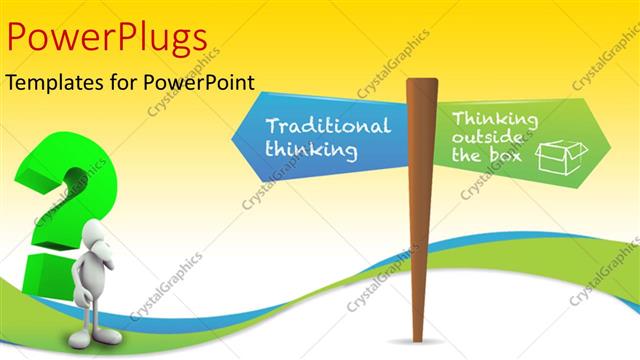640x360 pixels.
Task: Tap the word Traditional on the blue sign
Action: pyautogui.click(x=328, y=127)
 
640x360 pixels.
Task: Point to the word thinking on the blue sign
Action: pyautogui.click(x=311, y=150)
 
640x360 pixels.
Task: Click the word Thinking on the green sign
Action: pyautogui.click(x=494, y=120)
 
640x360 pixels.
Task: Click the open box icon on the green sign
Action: pyautogui.click(x=560, y=156)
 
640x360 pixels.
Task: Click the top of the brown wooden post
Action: pyautogui.click(x=422, y=83)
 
